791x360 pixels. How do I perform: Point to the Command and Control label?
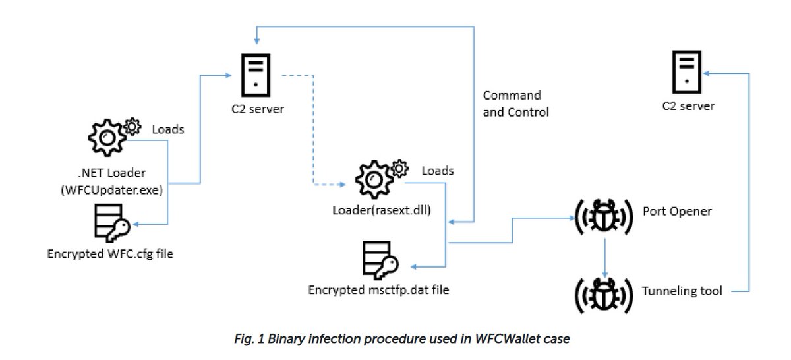tap(515, 104)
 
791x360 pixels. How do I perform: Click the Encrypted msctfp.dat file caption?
tap(379, 289)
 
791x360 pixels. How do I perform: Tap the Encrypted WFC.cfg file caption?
tap(110, 253)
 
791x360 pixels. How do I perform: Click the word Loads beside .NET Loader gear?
tap(167, 129)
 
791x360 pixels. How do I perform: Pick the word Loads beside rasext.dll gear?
tap(437, 171)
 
